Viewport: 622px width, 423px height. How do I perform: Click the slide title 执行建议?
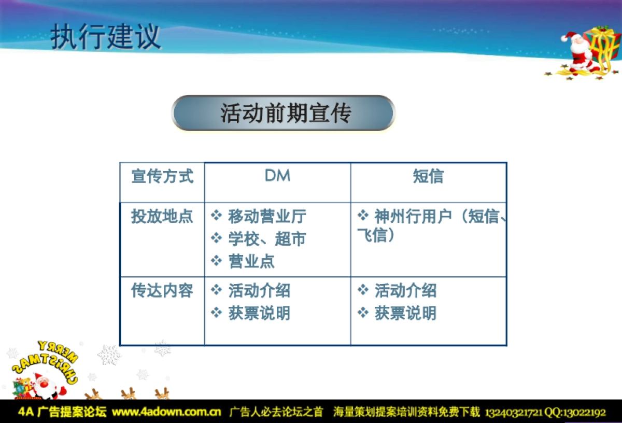(x=106, y=37)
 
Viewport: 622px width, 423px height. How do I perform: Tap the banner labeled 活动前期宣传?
(x=284, y=113)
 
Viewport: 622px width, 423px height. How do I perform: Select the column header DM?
(x=277, y=176)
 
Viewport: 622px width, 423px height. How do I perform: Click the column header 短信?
(x=428, y=177)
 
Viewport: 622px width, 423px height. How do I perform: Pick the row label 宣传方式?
(x=162, y=177)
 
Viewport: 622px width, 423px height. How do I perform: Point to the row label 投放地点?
(x=162, y=217)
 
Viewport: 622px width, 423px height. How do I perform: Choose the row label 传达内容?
(x=162, y=291)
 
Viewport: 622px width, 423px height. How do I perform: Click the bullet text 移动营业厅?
(x=267, y=217)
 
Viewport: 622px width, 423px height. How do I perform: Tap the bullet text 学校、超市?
(x=267, y=239)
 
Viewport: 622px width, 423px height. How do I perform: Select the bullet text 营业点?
(x=251, y=261)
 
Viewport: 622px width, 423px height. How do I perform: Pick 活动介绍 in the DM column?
(x=259, y=291)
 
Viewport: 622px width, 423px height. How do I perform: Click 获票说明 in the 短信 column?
(x=405, y=313)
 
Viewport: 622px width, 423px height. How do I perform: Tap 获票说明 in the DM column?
(x=259, y=313)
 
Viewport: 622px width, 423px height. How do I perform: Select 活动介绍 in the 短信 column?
(x=405, y=291)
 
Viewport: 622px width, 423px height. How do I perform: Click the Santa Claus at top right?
(x=577, y=52)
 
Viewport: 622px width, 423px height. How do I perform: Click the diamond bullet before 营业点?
(x=216, y=261)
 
